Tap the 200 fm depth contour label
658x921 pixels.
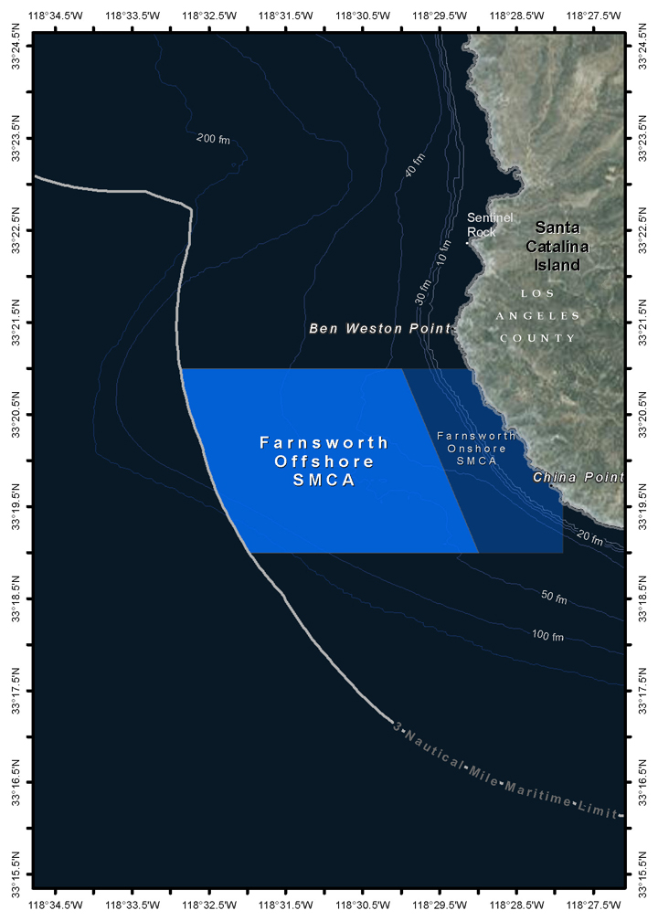213,139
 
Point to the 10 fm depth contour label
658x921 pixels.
444,251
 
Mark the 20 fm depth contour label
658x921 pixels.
590,540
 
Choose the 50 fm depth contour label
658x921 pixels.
554,598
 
